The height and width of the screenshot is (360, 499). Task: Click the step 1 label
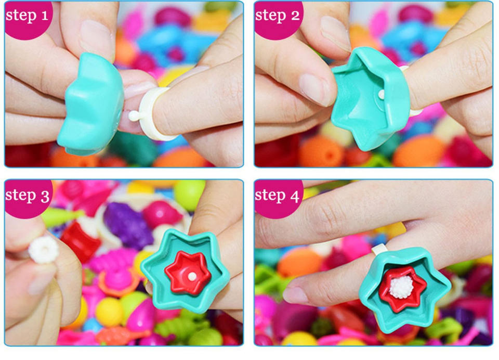pos(27,15)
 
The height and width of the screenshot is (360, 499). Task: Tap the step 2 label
pos(277,15)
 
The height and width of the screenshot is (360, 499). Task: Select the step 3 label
pos(28,195)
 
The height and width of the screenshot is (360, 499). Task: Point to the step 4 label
pos(277,195)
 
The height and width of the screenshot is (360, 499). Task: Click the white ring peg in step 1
pos(134,116)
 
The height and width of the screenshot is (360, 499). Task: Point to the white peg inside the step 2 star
pos(381,94)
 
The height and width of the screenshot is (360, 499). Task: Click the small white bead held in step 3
pos(44,250)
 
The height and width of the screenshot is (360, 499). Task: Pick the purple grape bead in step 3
pos(127,225)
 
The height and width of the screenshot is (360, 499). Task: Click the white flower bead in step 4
pos(401,287)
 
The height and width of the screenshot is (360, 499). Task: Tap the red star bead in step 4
pos(402,288)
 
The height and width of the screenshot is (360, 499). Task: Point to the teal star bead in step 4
pos(404,288)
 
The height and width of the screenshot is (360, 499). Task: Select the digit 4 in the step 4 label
pos(295,196)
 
